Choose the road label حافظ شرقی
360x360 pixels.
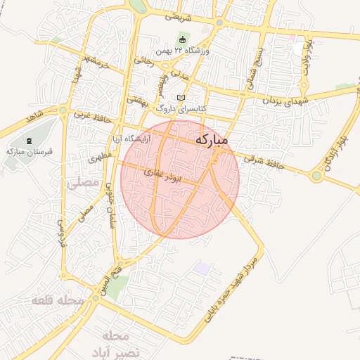tap(260, 162)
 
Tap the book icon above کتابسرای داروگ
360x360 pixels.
tap(182, 98)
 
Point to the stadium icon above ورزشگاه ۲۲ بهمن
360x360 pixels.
tap(184, 40)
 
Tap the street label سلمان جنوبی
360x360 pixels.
tap(111, 208)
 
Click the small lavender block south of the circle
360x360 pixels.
tap(202, 268)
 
